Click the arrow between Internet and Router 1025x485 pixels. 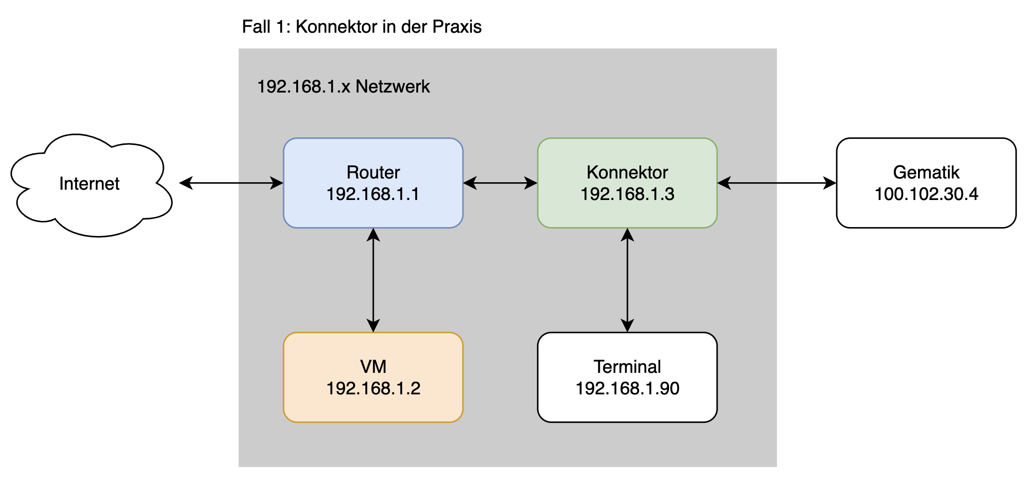coord(231,183)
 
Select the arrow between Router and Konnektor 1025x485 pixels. coord(500,183)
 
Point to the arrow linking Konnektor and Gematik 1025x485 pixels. coord(776,183)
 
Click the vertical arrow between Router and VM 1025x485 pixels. coord(373,280)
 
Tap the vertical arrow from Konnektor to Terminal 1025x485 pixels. coord(627,280)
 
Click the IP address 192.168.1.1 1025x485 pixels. coord(373,194)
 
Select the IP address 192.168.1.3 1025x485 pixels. coord(627,194)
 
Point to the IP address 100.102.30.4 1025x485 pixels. coord(926,194)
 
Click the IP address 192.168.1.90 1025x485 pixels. coord(627,388)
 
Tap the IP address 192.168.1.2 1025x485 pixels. coord(373,388)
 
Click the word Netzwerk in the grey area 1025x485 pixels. coord(392,86)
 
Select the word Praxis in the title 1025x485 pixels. coord(456,27)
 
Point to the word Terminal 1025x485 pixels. coord(627,367)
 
